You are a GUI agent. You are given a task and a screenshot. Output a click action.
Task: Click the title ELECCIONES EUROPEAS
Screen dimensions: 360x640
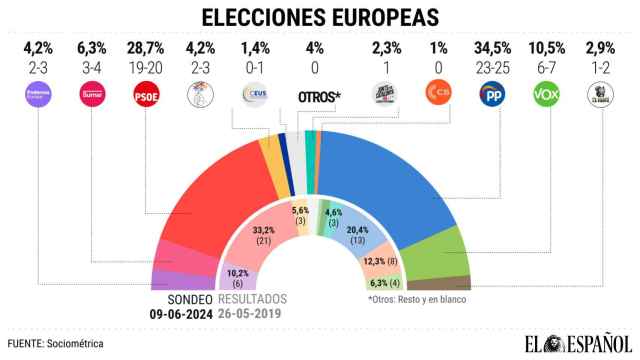[319, 17]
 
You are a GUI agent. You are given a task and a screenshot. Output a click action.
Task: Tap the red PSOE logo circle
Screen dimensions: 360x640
[146, 95]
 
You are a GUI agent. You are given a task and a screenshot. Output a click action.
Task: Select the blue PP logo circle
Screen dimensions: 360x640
[493, 95]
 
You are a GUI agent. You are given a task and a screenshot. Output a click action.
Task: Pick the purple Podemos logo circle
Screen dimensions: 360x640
[38, 95]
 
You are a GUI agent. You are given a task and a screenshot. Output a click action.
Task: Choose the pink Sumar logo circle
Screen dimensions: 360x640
[92, 95]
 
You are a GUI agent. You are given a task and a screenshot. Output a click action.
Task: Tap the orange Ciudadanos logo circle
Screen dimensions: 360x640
[437, 95]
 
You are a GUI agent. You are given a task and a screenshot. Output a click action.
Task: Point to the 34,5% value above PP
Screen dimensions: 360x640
[493, 48]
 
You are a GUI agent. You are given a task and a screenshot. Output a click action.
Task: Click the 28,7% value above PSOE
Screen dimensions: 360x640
[146, 48]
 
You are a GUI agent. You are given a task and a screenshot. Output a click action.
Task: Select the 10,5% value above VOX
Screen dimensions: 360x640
[546, 48]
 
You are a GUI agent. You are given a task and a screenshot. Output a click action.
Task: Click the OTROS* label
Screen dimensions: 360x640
[319, 96]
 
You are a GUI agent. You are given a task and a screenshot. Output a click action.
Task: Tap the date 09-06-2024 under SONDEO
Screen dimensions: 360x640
[181, 313]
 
